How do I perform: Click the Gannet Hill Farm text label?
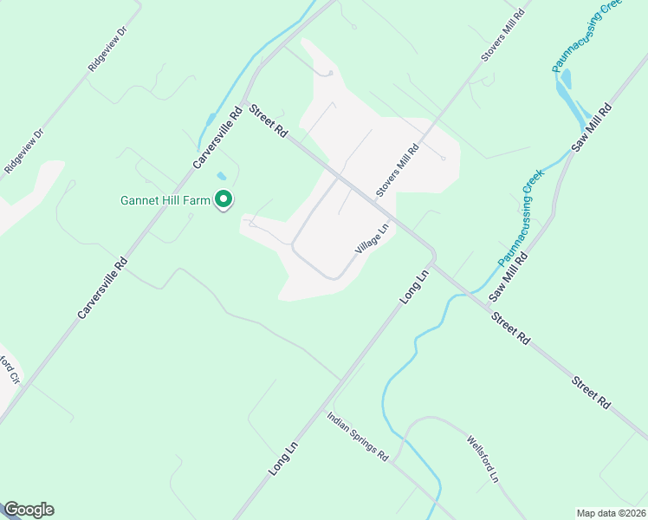point(165,200)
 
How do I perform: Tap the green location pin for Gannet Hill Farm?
point(224,200)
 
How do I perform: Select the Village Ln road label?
point(372,238)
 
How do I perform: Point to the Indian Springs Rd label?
point(358,436)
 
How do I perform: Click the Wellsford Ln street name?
point(483,458)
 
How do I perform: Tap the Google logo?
point(29,510)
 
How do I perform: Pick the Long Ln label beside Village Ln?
point(414,287)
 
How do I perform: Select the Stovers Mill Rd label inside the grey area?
point(397,171)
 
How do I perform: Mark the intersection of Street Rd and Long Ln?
point(433,259)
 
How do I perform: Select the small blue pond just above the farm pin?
point(220,176)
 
